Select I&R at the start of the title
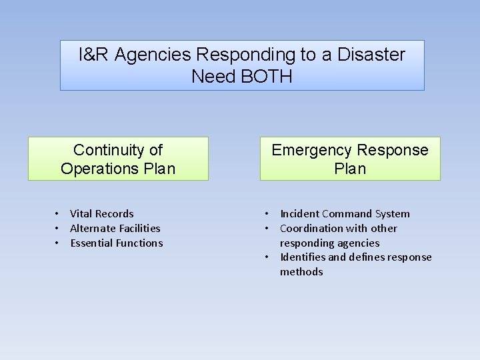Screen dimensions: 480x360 (x=94, y=55)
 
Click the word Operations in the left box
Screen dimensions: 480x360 (x=99, y=168)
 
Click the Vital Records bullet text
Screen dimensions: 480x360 (x=102, y=214)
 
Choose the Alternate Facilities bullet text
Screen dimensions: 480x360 (x=115, y=229)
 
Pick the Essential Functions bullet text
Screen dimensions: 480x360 (x=117, y=243)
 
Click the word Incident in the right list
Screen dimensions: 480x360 (x=299, y=214)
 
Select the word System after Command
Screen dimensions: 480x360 (x=393, y=214)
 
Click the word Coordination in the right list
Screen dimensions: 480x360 (x=313, y=229)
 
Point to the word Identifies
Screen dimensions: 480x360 (x=303, y=257)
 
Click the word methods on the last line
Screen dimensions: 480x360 (x=301, y=272)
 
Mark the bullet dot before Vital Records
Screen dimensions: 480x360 (x=57, y=214)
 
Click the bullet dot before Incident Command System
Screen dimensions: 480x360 (x=267, y=214)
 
